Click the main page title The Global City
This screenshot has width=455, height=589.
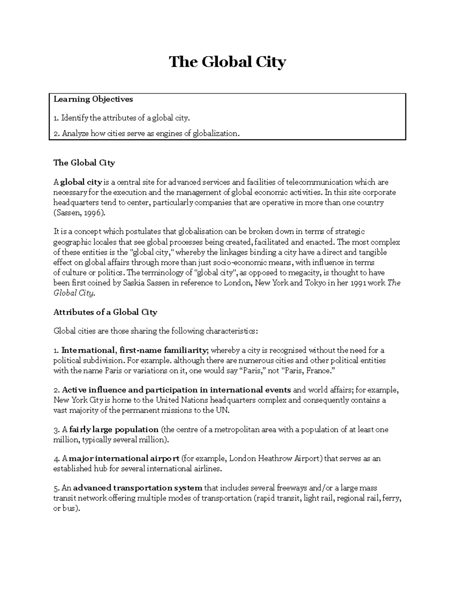(227, 62)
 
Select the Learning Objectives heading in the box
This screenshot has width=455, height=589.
(93, 99)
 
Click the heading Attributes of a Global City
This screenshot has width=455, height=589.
(105, 312)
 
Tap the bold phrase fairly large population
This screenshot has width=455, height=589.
(114, 430)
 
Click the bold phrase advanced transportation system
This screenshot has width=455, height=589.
(137, 488)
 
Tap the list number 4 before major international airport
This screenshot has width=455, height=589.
(55, 459)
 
